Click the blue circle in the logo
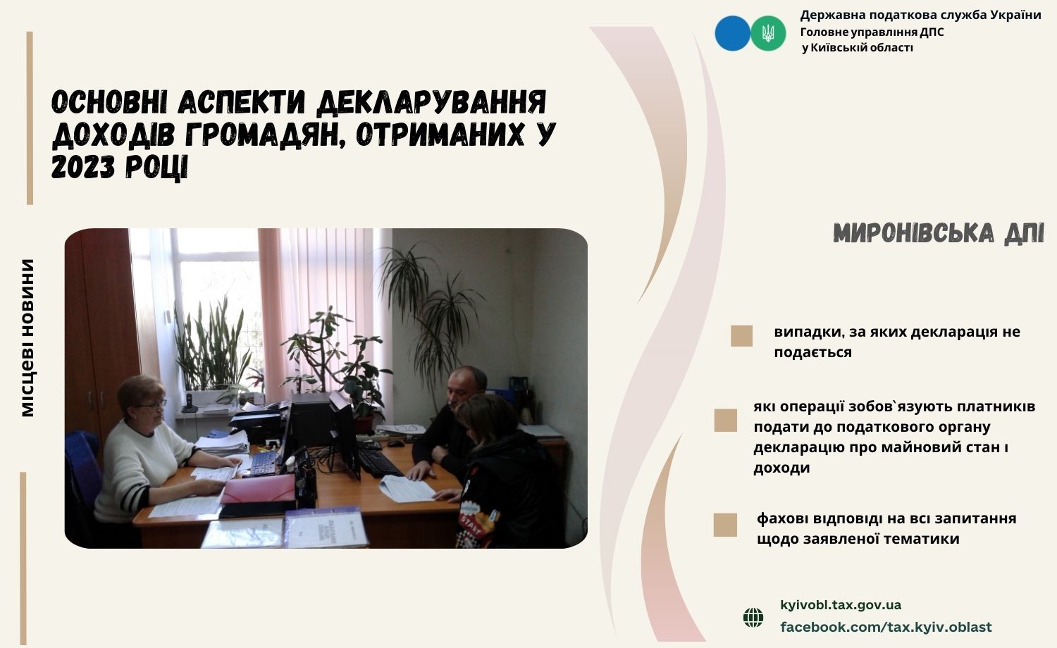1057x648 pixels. (732, 34)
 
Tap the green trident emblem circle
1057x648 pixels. (768, 34)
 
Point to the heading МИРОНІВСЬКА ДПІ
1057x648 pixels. (939, 233)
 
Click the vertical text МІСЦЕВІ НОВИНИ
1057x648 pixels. (28, 337)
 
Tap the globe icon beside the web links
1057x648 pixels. (753, 617)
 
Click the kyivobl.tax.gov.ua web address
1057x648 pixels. (841, 604)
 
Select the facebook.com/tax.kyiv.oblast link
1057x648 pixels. (886, 628)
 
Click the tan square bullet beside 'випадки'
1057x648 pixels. (741, 336)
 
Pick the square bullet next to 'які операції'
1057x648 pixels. (725, 420)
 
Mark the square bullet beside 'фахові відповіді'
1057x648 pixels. (725, 525)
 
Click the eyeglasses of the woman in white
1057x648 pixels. (154, 404)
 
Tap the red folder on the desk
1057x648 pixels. (258, 489)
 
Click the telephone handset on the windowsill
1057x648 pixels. (190, 404)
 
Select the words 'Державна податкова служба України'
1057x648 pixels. (920, 15)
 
